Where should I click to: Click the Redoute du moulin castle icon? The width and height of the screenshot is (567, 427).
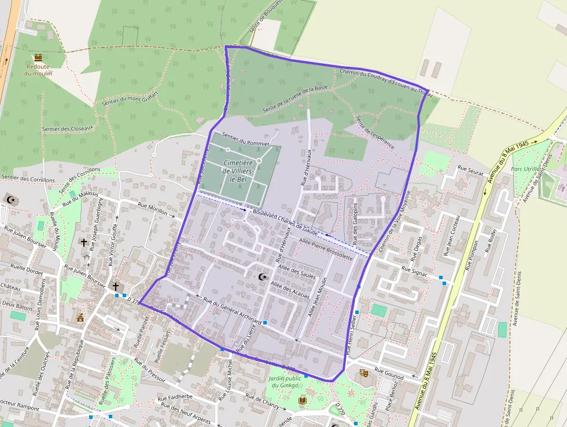click(x=38, y=58)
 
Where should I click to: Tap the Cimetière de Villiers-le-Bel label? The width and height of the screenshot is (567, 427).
click(x=242, y=171)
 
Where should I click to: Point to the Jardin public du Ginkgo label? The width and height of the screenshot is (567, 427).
click(x=283, y=382)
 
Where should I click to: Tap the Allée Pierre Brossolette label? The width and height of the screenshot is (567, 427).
click(x=326, y=247)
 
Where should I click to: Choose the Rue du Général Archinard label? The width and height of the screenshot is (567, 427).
click(x=233, y=309)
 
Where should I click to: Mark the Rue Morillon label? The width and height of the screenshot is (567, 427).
click(x=153, y=209)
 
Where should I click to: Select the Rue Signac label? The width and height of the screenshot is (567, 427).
click(x=414, y=271)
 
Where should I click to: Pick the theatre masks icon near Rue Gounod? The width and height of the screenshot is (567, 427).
click(x=363, y=373)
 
